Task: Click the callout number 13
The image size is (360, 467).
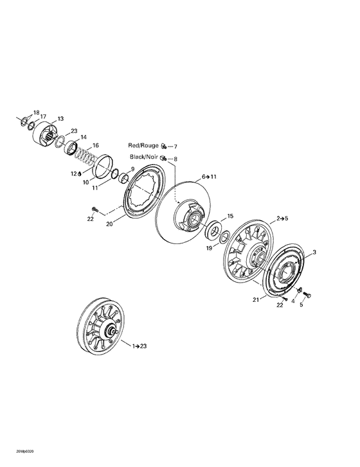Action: click(x=60, y=119)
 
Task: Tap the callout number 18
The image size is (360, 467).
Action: click(x=36, y=112)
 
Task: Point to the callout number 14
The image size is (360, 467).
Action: click(x=83, y=137)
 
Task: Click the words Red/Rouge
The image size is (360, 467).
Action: click(x=143, y=146)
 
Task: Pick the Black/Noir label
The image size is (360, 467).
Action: click(x=143, y=158)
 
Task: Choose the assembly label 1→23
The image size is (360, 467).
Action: click(x=139, y=346)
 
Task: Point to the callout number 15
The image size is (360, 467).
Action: click(x=230, y=216)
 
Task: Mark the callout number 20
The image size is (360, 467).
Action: click(x=109, y=224)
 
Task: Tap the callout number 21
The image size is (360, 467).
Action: click(x=255, y=299)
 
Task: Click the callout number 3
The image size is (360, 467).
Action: click(x=314, y=252)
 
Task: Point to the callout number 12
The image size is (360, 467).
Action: click(x=74, y=174)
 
